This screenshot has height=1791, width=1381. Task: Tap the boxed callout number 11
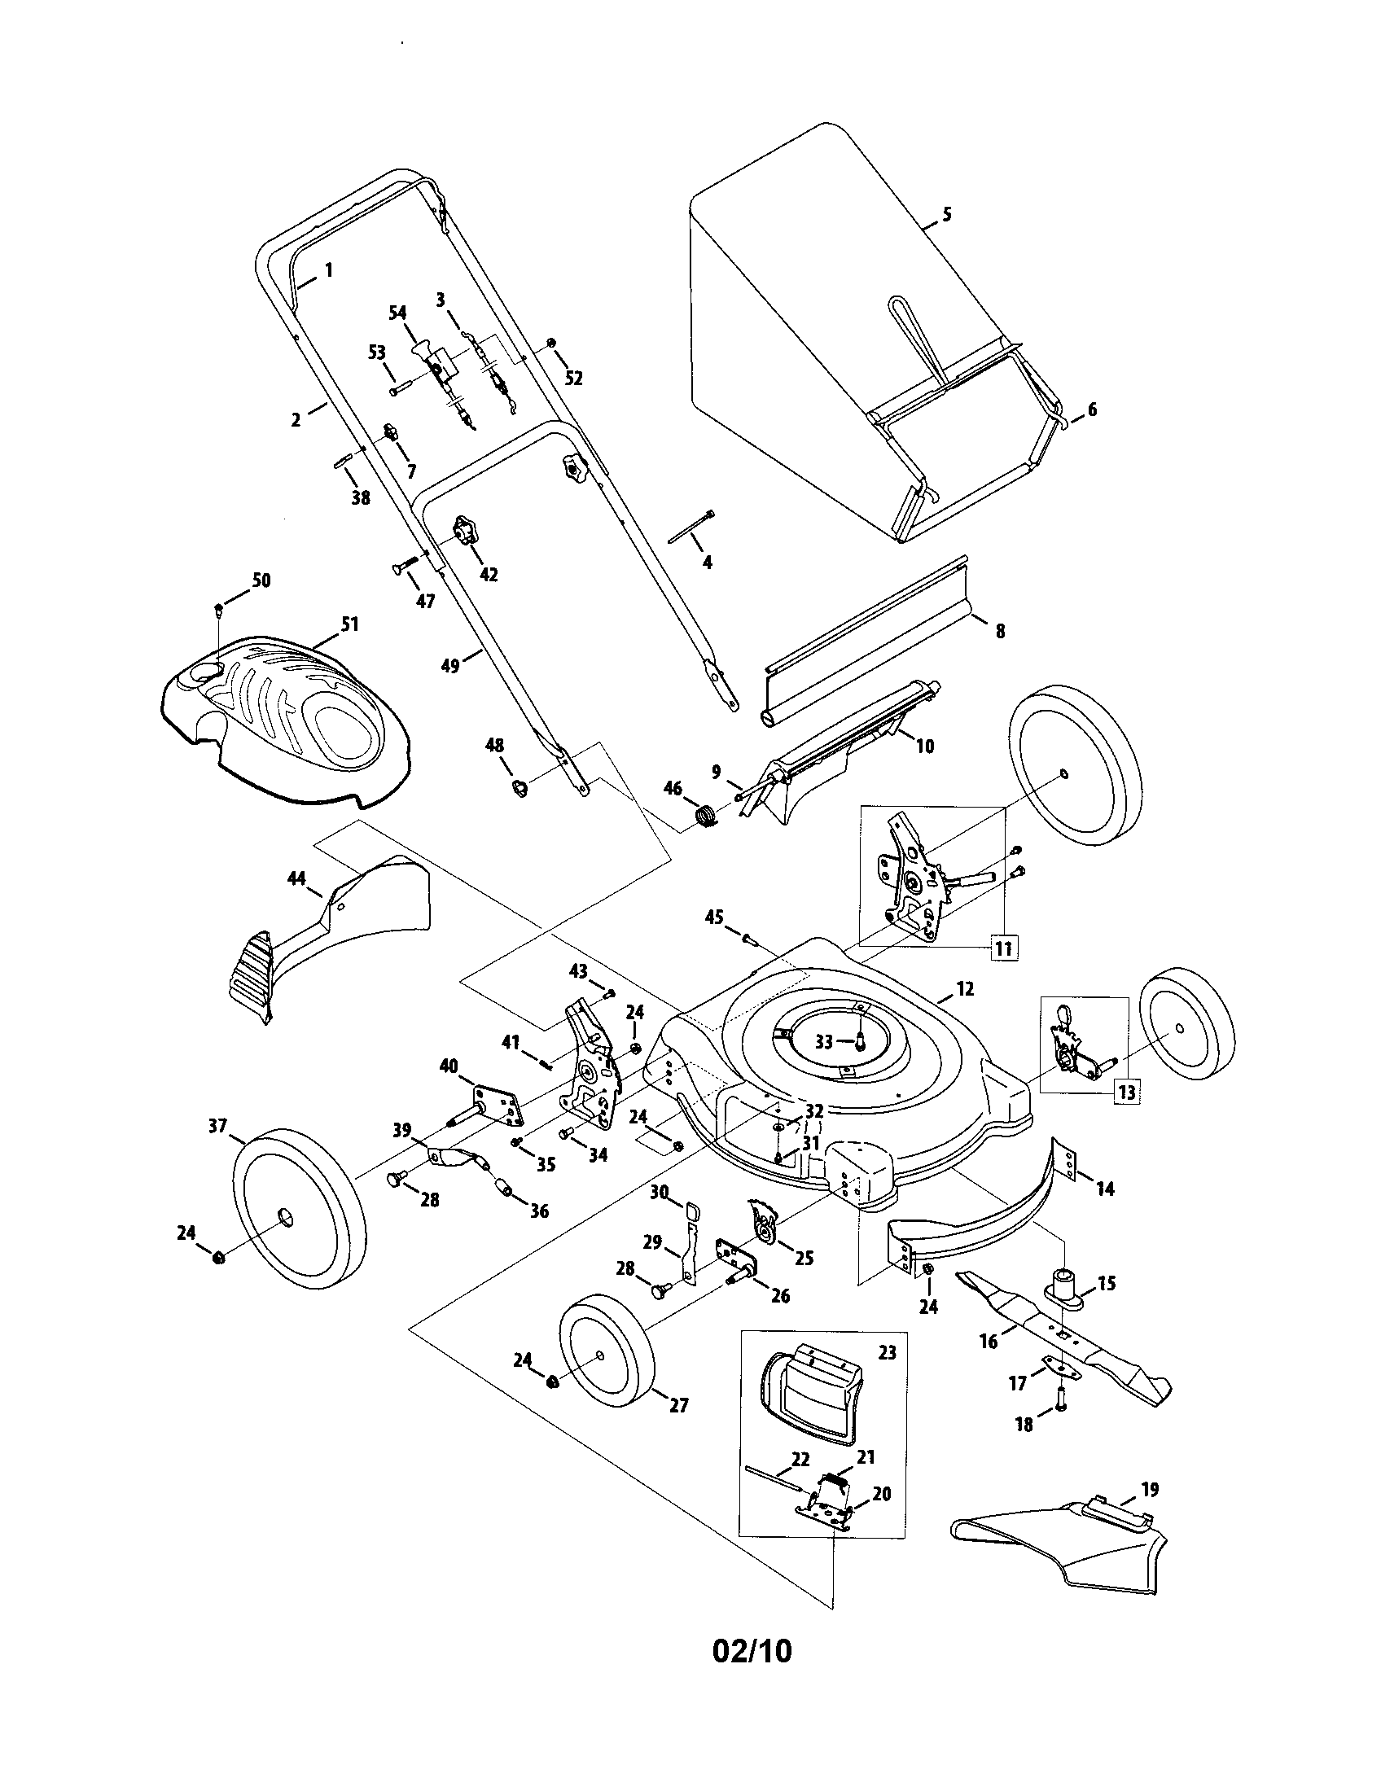[1003, 949]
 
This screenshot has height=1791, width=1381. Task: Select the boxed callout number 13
[1127, 1093]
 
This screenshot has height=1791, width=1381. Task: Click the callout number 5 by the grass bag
[947, 215]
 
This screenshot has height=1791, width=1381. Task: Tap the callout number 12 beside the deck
[964, 989]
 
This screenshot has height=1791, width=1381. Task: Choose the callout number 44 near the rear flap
[296, 879]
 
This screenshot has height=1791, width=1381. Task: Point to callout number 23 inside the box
[888, 1352]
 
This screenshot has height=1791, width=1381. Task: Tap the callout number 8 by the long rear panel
[1000, 631]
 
